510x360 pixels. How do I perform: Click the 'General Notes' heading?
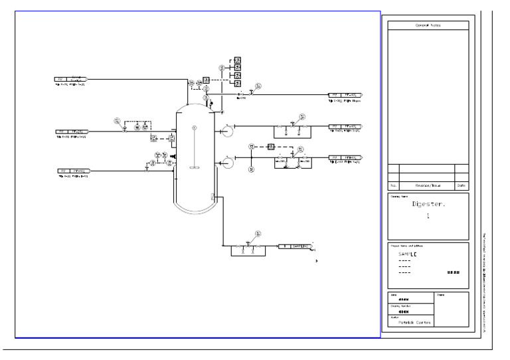(428, 25)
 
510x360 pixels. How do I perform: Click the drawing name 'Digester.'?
(428, 205)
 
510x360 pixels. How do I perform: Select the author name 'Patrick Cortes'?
(410, 322)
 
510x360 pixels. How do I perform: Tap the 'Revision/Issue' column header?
(427, 186)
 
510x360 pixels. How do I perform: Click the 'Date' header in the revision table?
(462, 186)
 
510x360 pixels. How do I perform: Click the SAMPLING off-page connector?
(295, 246)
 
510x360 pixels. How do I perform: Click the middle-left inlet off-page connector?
(72, 132)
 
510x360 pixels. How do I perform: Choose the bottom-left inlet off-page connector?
(74, 171)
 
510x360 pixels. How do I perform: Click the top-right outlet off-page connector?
(345, 95)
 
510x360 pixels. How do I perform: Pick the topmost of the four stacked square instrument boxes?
(237, 60)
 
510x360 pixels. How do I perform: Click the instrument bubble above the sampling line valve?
(258, 233)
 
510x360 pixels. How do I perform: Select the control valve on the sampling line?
(247, 245)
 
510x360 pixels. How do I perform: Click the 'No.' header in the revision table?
(392, 186)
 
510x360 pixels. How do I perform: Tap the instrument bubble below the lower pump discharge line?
(252, 170)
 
